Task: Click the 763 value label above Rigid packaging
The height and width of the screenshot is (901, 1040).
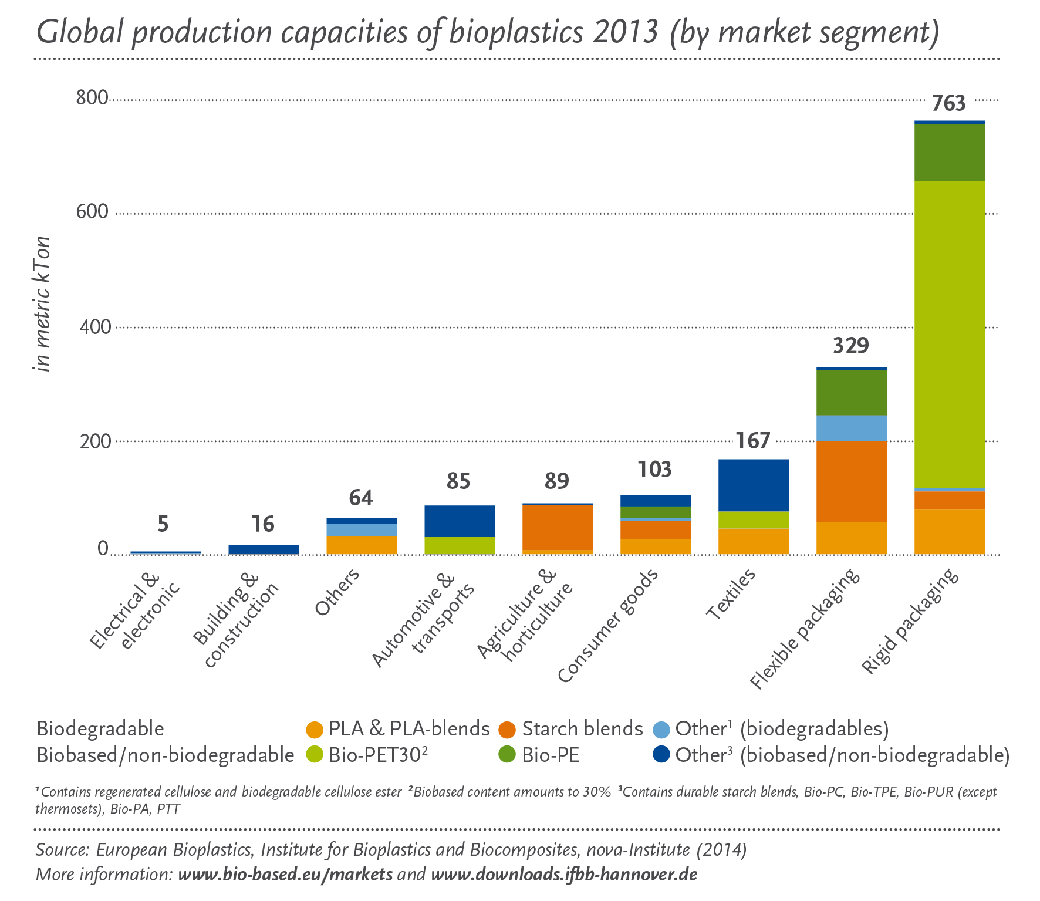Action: coord(948,104)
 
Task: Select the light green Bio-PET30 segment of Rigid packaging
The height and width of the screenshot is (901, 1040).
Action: coord(949,335)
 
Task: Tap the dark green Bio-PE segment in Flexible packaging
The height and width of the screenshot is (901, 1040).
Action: coord(851,392)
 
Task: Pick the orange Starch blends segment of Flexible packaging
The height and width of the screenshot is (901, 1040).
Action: coord(851,481)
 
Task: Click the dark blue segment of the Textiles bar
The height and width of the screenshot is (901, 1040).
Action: coord(754,485)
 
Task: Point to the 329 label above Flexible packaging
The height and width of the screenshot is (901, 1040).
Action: coord(850,346)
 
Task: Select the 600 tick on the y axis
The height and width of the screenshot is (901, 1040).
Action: coord(92,212)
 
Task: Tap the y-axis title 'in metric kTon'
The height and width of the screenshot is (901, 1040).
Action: coord(43,304)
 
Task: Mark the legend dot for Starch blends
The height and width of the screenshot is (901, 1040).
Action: coord(507,730)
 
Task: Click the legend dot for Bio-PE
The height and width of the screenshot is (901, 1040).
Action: coord(507,755)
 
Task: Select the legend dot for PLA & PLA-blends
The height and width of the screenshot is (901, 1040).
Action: coord(315,730)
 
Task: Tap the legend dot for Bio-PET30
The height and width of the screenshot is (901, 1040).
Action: coord(315,755)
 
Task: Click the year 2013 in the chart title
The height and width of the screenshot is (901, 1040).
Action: coord(625,32)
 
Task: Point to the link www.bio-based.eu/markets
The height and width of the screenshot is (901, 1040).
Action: coord(285,875)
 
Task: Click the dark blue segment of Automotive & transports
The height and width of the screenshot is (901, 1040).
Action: coord(460,521)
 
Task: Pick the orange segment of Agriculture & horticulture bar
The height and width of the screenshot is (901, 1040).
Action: coord(557,527)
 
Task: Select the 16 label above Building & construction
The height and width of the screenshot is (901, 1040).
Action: coord(263,524)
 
